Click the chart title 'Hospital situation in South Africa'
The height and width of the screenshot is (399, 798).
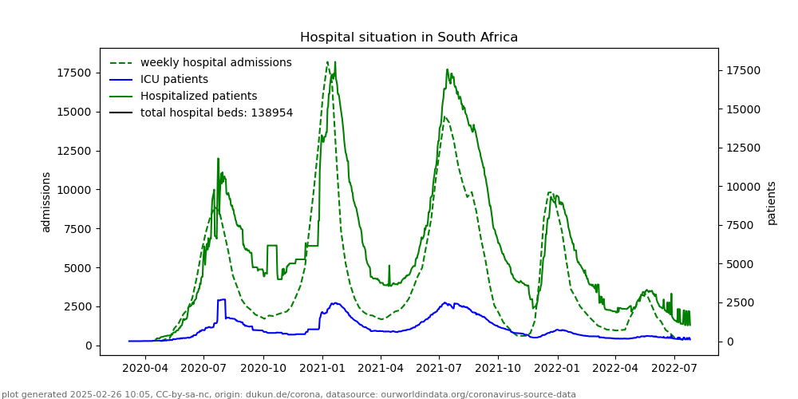tap(409, 38)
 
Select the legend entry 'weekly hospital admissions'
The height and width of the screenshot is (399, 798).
tap(215, 62)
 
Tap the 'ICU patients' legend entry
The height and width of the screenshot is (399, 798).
tap(174, 79)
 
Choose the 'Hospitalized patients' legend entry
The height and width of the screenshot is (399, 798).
tap(199, 96)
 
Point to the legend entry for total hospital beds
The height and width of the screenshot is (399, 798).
tap(216, 113)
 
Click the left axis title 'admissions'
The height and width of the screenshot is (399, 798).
tap(46, 202)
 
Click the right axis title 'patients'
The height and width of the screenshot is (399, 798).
tap(772, 203)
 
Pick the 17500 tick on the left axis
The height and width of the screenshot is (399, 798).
tap(73, 73)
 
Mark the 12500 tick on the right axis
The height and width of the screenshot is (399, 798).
tap(742, 148)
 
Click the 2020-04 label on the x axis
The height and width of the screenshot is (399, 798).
tap(144, 368)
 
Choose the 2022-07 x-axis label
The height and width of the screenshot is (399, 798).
tap(674, 368)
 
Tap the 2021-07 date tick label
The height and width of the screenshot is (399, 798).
tap(439, 368)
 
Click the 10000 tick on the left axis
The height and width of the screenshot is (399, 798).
tap(73, 190)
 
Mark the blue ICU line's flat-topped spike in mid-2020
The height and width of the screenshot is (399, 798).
tap(221, 300)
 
